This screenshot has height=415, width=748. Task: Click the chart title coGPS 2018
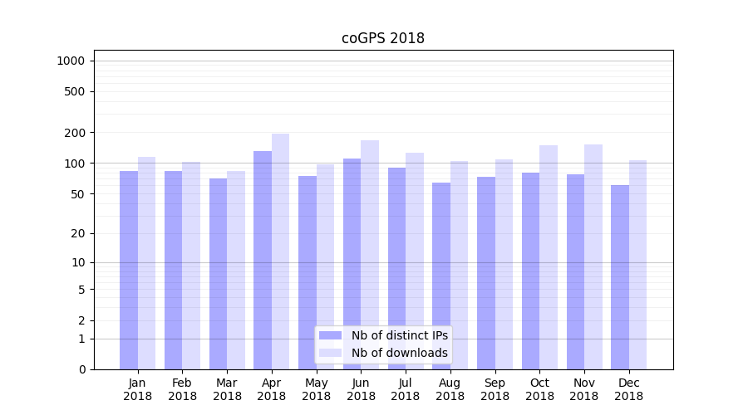click(x=383, y=38)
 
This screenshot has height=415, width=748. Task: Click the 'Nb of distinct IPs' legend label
click(x=399, y=335)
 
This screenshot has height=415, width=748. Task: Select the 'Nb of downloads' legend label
click(x=399, y=353)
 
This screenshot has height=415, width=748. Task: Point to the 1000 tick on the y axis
click(x=71, y=61)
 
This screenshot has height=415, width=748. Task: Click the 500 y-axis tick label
click(x=76, y=91)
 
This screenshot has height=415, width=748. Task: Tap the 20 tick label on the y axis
click(x=79, y=233)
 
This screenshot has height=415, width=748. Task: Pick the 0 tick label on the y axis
click(x=82, y=369)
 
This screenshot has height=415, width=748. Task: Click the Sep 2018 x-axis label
click(x=495, y=389)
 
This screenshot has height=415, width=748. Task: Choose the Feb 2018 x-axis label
click(x=182, y=389)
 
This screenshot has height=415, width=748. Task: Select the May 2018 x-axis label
click(x=316, y=389)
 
